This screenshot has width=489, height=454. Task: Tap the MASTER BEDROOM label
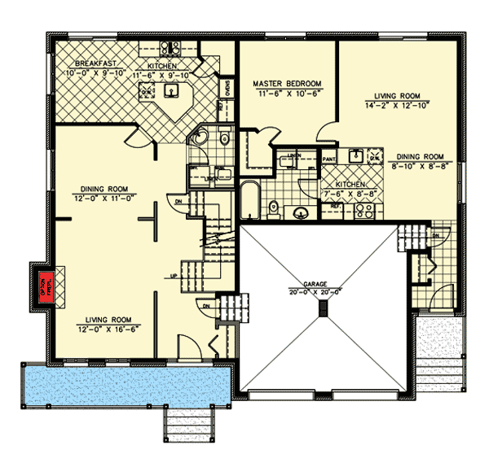[x=287, y=83]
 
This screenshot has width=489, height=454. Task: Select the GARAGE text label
[x=324, y=284]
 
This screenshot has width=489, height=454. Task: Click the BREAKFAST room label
[x=93, y=64]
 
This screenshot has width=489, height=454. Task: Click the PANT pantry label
[x=329, y=158]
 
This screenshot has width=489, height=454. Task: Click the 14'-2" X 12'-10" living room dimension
[x=396, y=104]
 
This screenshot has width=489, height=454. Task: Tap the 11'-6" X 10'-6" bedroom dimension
[x=287, y=94]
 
